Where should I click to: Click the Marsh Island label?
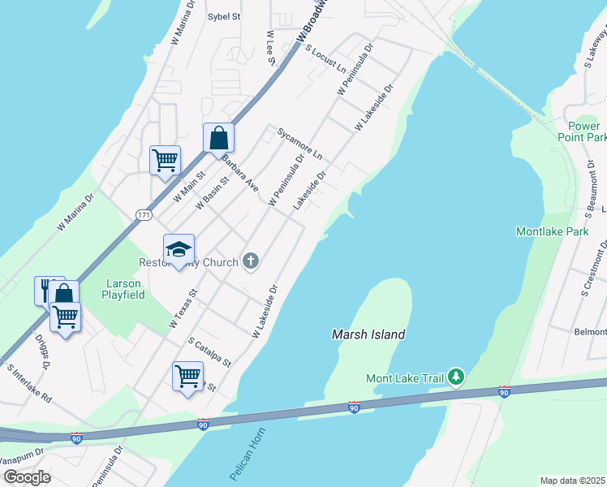tap(368, 334)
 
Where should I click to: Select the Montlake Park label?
tap(552, 231)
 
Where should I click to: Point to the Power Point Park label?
tap(583, 131)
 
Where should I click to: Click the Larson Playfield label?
tap(123, 289)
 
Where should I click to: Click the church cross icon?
tap(252, 261)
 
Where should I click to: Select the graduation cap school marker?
tap(179, 249)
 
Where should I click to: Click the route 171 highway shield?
tap(144, 215)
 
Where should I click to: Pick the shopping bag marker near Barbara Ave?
tap(218, 137)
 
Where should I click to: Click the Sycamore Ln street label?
tap(299, 143)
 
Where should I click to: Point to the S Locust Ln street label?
tap(325, 56)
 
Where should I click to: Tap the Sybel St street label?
tap(225, 16)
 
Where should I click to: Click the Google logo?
tap(26, 477)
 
